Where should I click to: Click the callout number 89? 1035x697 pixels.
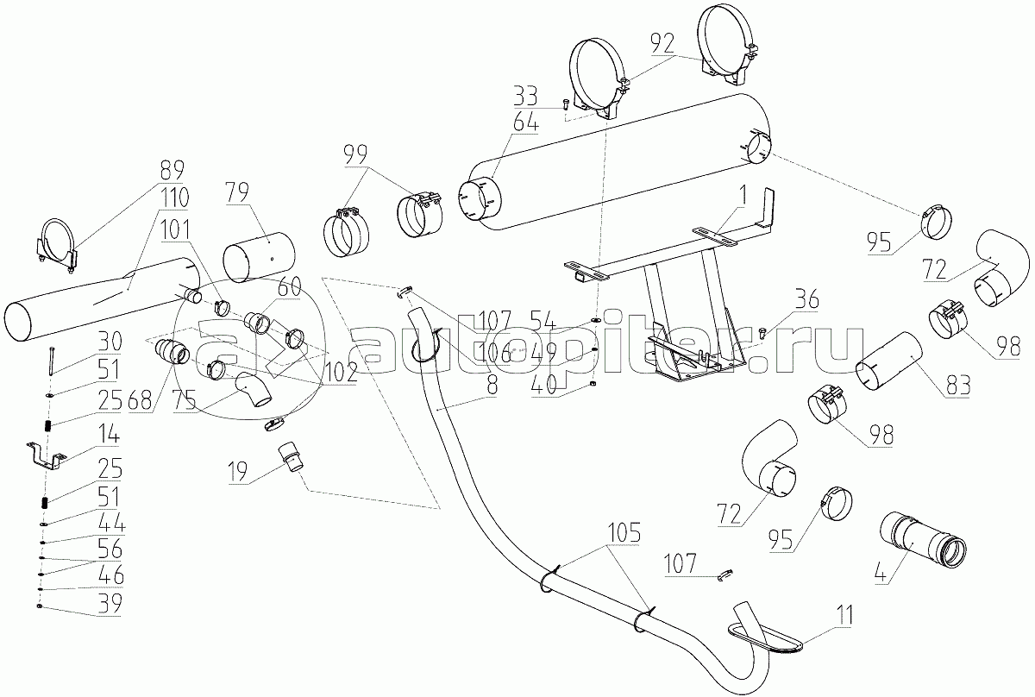pos(172,170)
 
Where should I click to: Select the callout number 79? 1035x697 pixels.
pos(237,193)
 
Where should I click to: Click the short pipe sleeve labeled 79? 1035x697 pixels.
pos(259,256)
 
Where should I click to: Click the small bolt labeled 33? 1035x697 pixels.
pos(564,104)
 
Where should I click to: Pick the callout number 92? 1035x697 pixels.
pos(662,44)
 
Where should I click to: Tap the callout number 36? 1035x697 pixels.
pos(806,298)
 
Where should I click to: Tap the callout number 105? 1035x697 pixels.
pos(623,532)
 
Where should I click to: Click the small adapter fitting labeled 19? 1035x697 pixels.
pos(292,456)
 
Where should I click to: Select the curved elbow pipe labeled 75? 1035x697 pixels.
pos(254,390)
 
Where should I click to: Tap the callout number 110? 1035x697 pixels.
pos(173,198)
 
